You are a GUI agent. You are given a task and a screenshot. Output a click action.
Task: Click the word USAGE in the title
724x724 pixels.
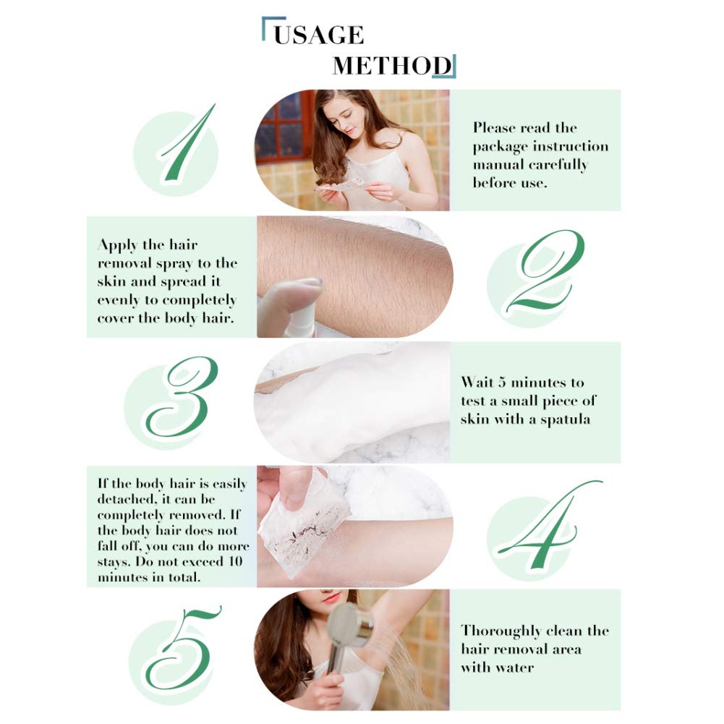pos(318,35)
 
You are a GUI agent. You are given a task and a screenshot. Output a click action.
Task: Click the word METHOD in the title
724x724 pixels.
pos(392,66)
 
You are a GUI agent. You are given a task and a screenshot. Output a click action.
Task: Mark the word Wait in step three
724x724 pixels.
pos(477,383)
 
